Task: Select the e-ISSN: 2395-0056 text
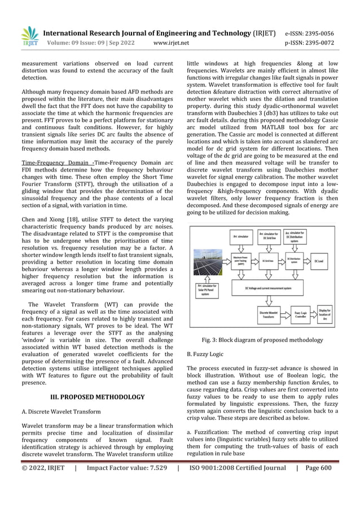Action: tap(311, 33)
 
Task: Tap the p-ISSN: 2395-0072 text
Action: tap(311, 42)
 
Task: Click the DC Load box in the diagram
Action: tap(319, 262)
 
